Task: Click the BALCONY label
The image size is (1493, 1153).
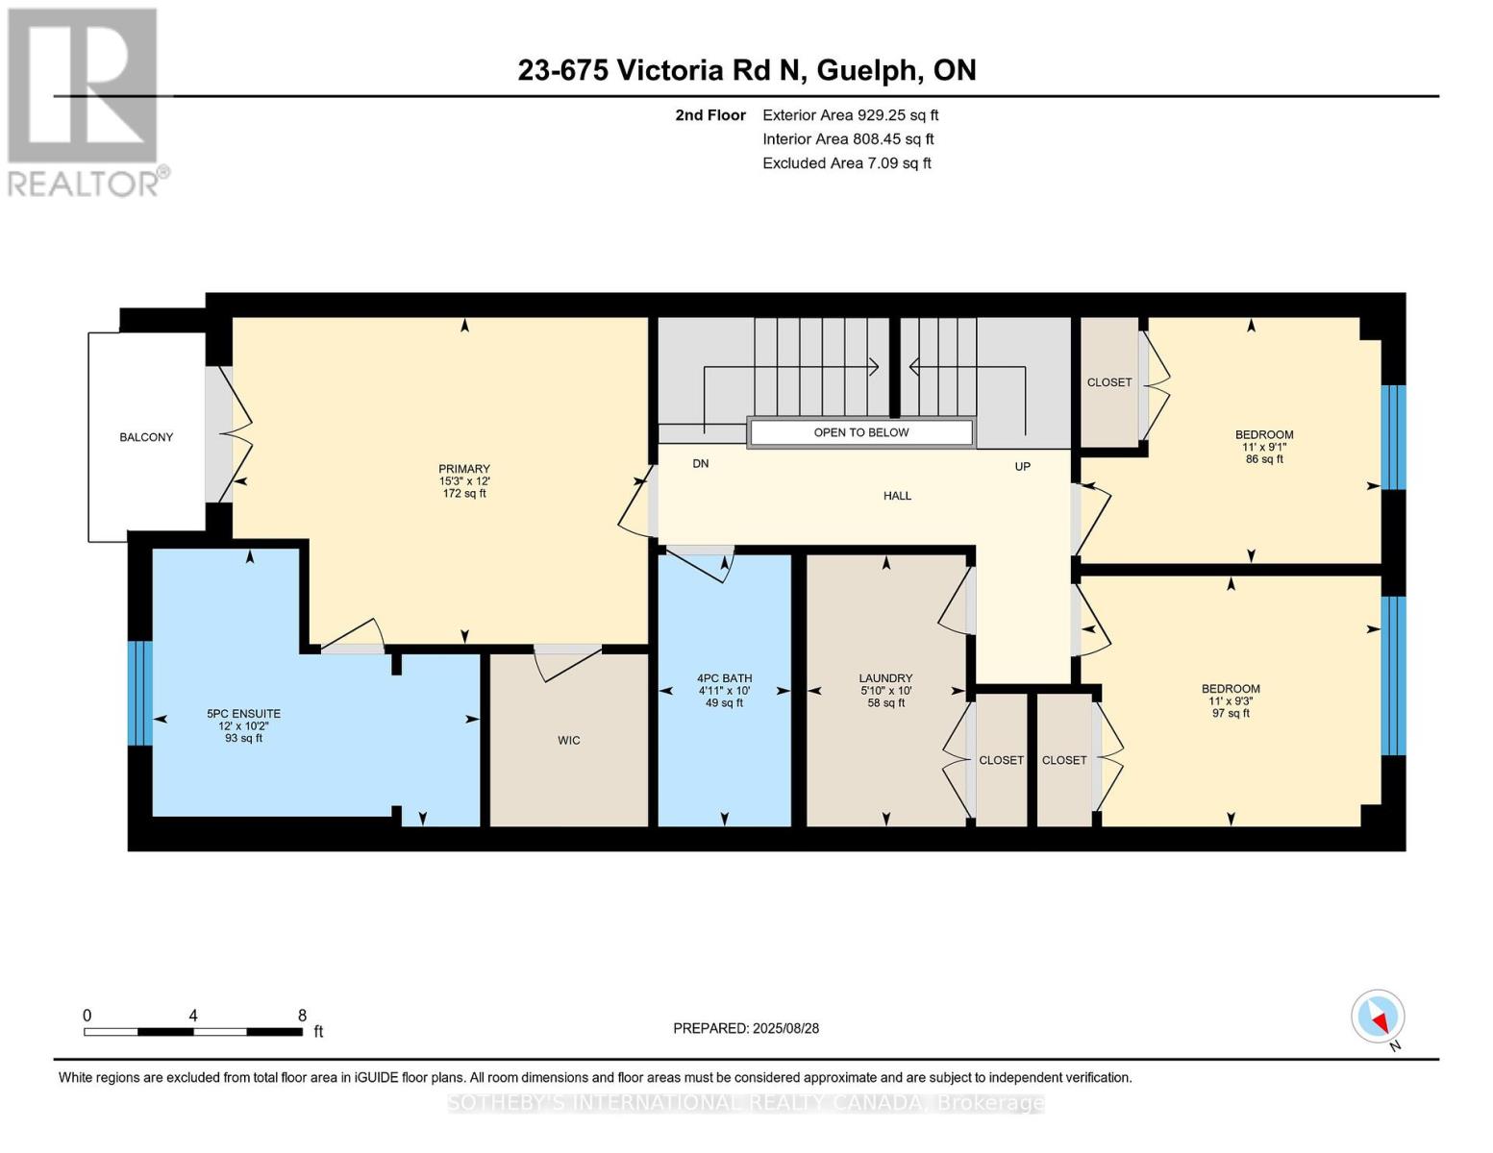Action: [146, 437]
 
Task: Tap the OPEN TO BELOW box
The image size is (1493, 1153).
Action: [860, 432]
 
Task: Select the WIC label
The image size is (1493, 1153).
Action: [569, 740]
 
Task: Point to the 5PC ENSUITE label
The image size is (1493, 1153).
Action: [244, 714]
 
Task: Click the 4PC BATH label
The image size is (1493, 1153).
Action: [724, 678]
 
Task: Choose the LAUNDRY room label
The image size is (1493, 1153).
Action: [885, 678]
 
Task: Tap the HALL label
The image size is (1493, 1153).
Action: [897, 496]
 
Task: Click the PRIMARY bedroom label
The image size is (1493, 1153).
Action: [464, 469]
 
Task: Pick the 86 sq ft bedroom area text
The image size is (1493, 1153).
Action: [1264, 458]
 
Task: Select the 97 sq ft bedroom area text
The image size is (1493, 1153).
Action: [1231, 713]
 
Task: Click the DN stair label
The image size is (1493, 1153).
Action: [700, 463]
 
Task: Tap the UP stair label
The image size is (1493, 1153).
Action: [1022, 466]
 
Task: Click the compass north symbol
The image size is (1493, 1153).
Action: [1378, 1017]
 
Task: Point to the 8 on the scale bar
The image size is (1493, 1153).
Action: [302, 1015]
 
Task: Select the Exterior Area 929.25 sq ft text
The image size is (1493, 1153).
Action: [850, 115]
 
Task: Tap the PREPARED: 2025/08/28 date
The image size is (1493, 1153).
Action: [745, 1028]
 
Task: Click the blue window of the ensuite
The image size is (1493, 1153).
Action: [140, 693]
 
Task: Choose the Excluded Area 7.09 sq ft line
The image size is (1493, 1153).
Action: [846, 163]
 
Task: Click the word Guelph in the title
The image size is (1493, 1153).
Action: [868, 71]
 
